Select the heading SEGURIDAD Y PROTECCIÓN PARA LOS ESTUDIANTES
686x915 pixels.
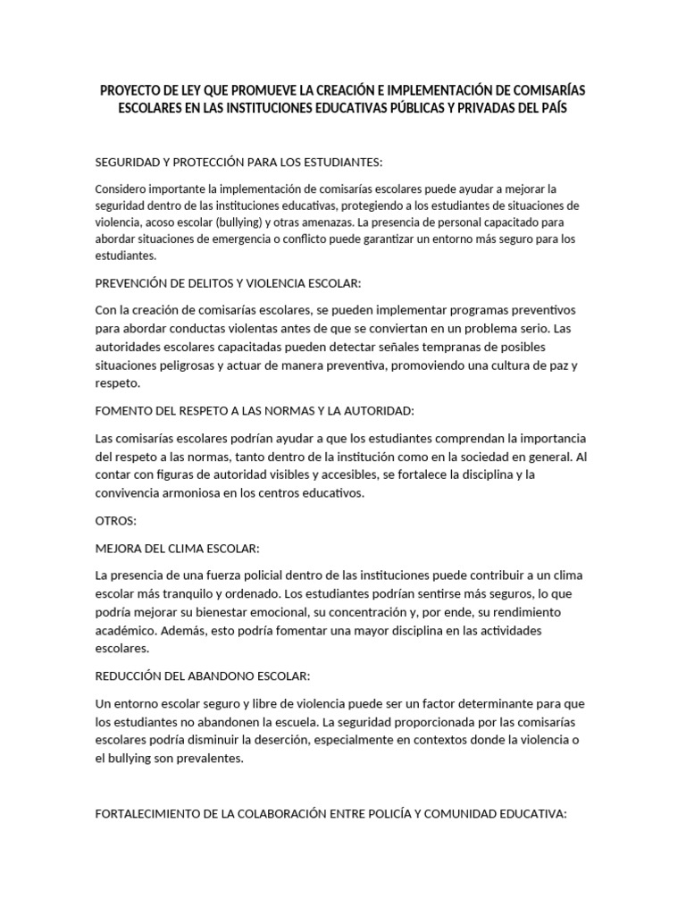click(238, 162)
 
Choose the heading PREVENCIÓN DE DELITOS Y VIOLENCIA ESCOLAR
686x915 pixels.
click(228, 282)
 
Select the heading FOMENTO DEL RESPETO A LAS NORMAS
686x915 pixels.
click(255, 410)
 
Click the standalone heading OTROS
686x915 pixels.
click(115, 520)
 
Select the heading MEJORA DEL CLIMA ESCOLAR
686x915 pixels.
click(177, 548)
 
